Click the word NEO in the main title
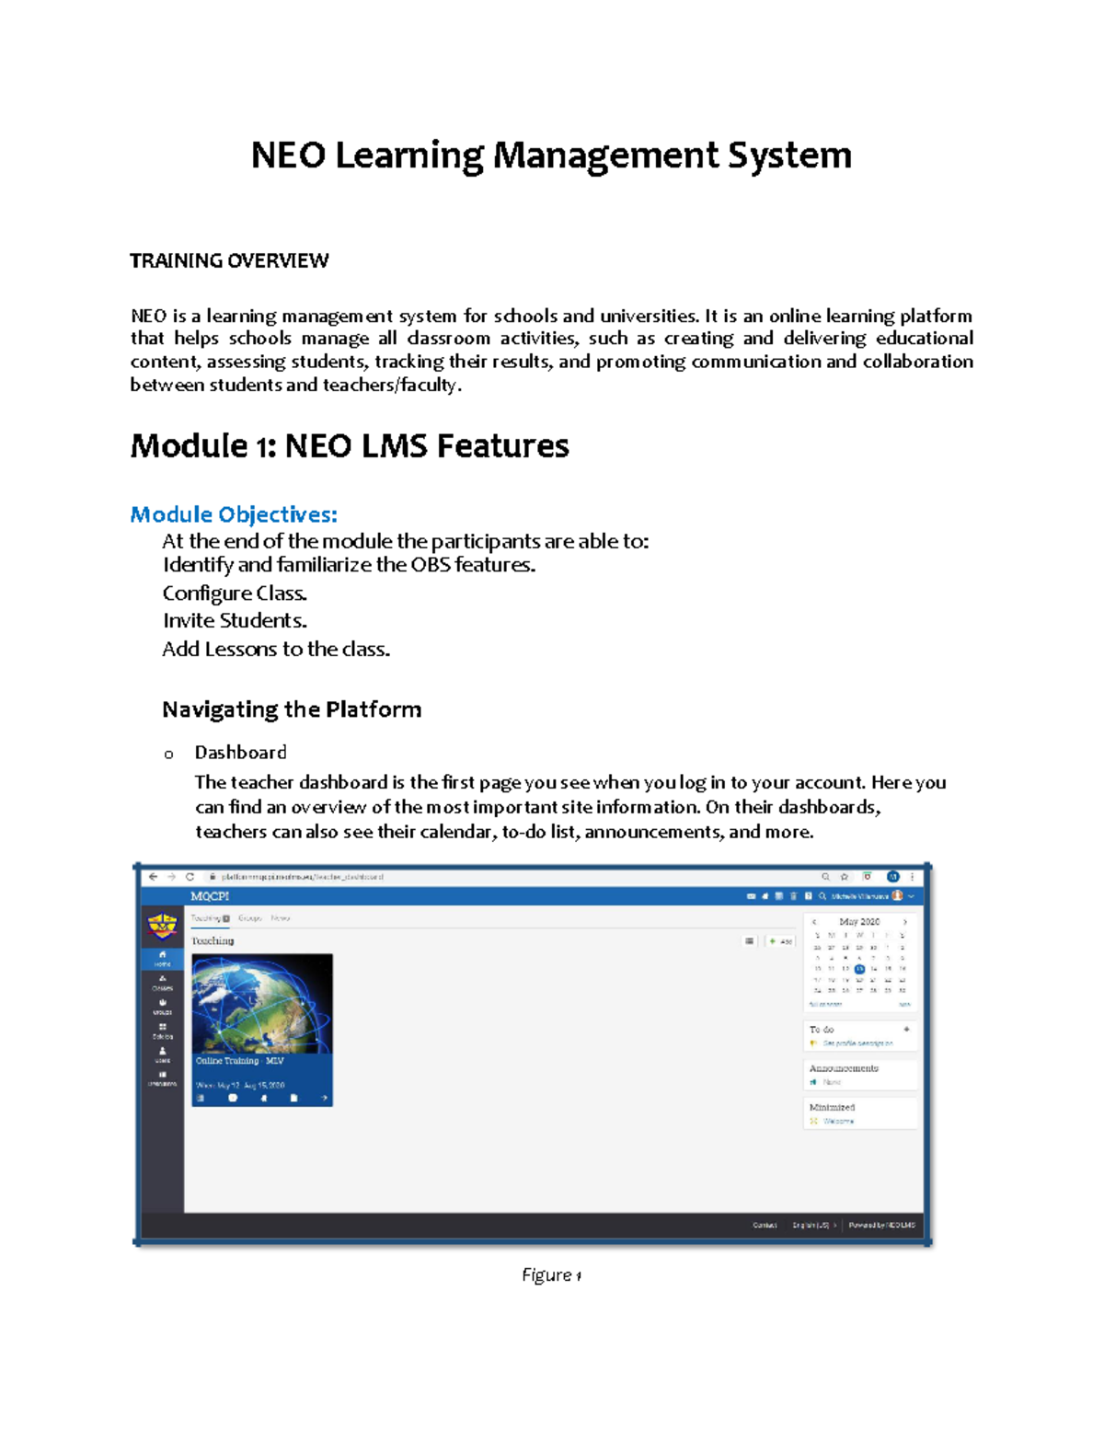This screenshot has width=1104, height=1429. [x=288, y=155]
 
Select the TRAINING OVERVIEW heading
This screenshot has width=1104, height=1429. [x=229, y=261]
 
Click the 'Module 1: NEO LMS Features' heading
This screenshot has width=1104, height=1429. [x=350, y=446]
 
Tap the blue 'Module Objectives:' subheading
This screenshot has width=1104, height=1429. [x=234, y=514]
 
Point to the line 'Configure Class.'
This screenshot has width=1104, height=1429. [x=235, y=593]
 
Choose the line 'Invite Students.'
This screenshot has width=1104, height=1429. [x=235, y=621]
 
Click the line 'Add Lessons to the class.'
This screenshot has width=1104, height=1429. [x=276, y=650]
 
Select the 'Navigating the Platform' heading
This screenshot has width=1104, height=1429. [x=292, y=709]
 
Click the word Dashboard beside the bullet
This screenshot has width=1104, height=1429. [x=240, y=753]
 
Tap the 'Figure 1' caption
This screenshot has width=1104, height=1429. [x=551, y=1275]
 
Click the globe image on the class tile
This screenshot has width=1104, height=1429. [x=262, y=1003]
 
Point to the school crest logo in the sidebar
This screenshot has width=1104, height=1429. [x=162, y=925]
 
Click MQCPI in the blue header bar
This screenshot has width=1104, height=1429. [x=210, y=896]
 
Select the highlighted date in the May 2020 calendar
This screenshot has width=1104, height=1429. [x=859, y=969]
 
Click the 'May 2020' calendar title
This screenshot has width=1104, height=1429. [x=859, y=921]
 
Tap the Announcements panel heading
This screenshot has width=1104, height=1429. [x=844, y=1068]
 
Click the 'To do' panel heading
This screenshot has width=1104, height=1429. [x=822, y=1030]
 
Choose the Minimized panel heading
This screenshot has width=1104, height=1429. [x=832, y=1107]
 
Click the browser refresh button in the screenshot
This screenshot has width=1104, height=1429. [x=190, y=877]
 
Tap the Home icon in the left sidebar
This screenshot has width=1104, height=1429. [x=162, y=957]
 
